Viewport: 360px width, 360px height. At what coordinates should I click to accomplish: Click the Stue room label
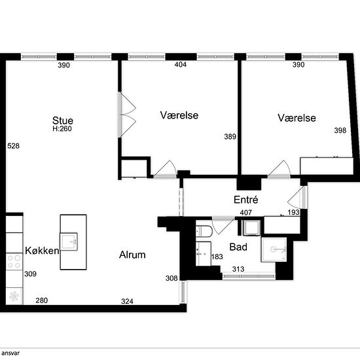tap(63, 120)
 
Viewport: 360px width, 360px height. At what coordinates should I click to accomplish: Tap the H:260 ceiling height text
tap(63, 130)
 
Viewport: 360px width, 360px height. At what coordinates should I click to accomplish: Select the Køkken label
tap(43, 251)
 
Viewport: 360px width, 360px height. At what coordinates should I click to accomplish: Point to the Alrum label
tap(132, 255)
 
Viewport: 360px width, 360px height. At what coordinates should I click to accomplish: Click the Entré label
tap(247, 200)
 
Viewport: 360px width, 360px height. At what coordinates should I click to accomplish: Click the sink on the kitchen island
tap(73, 242)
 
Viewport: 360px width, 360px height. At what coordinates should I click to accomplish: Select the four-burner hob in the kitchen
tap(13, 262)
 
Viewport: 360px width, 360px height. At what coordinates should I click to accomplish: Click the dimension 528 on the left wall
tap(13, 146)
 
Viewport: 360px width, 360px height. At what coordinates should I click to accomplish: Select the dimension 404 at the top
tap(180, 65)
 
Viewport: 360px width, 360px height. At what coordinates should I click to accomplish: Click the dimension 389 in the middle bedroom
tap(230, 137)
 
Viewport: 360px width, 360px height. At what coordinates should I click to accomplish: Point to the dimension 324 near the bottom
tap(128, 301)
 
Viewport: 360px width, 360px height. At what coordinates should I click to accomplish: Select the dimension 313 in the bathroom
tap(238, 269)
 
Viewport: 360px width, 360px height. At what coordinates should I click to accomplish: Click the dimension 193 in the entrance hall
tap(295, 213)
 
